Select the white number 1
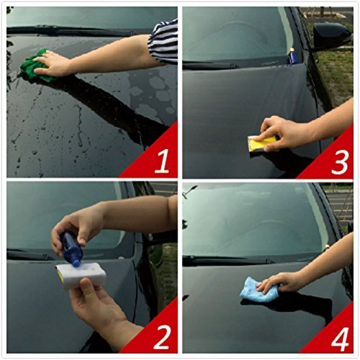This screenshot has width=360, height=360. (161, 161)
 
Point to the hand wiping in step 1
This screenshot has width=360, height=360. (56, 66)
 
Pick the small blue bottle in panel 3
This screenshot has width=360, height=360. (292, 55)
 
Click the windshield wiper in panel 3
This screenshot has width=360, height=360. (238, 63)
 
